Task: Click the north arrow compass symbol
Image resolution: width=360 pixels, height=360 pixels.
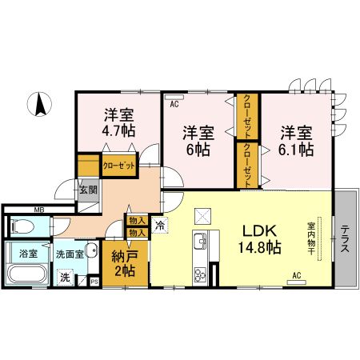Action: tap(38, 104)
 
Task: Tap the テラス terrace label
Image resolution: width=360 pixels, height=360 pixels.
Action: tap(346, 241)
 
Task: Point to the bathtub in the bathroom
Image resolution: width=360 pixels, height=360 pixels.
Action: tap(27, 277)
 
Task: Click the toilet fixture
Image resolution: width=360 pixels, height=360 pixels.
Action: tap(22, 226)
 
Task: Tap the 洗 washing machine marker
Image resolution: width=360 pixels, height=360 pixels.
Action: tap(67, 279)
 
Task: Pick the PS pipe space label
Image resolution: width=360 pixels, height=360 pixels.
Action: tap(94, 281)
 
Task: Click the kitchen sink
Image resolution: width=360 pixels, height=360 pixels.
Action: tap(201, 240)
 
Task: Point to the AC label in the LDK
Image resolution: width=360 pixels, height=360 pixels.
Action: tap(296, 276)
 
